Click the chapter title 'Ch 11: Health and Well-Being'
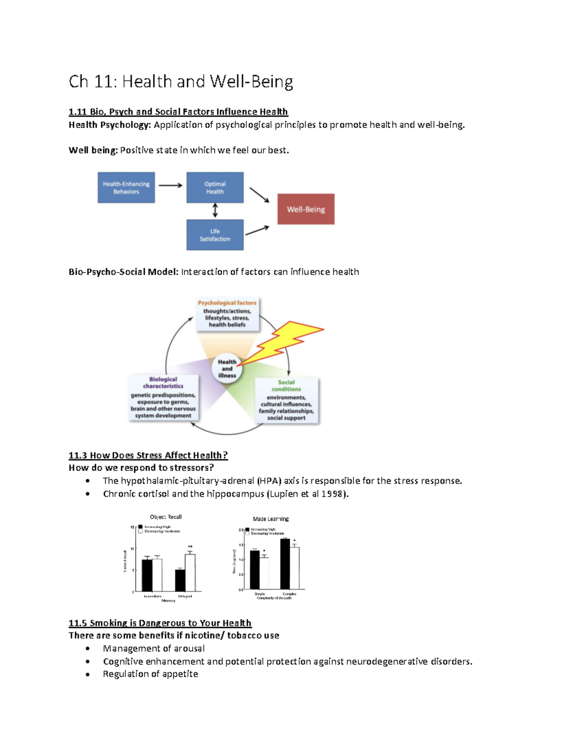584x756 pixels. (x=181, y=81)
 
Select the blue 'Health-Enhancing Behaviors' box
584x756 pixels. (x=126, y=187)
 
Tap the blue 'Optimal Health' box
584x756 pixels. (x=215, y=187)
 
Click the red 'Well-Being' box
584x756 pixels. (x=306, y=209)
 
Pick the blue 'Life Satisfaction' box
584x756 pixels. (x=215, y=235)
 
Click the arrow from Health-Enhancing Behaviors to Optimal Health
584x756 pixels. (x=170, y=185)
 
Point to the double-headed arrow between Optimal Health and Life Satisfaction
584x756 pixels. (x=215, y=211)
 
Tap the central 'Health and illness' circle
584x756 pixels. (x=227, y=369)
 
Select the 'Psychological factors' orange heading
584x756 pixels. (x=227, y=303)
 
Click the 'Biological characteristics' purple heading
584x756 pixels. (x=163, y=383)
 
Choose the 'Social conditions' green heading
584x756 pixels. (x=286, y=386)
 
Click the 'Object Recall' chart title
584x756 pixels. (x=165, y=517)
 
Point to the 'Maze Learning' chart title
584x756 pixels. (x=271, y=519)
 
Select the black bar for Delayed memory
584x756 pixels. (x=180, y=580)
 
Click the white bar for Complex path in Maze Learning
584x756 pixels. (x=294, y=568)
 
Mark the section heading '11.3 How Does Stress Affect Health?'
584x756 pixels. (x=148, y=455)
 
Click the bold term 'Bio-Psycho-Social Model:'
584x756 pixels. (x=124, y=272)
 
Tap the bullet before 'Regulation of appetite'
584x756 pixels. (x=88, y=674)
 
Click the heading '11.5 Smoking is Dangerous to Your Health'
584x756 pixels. (x=160, y=623)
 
